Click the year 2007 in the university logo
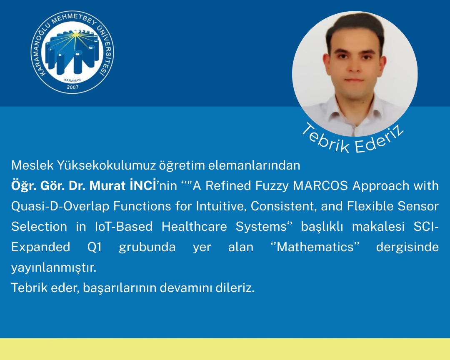[72, 87]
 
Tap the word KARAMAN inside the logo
[72, 79]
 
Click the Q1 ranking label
[95, 247]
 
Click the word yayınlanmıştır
[53, 268]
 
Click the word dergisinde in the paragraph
[407, 247]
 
